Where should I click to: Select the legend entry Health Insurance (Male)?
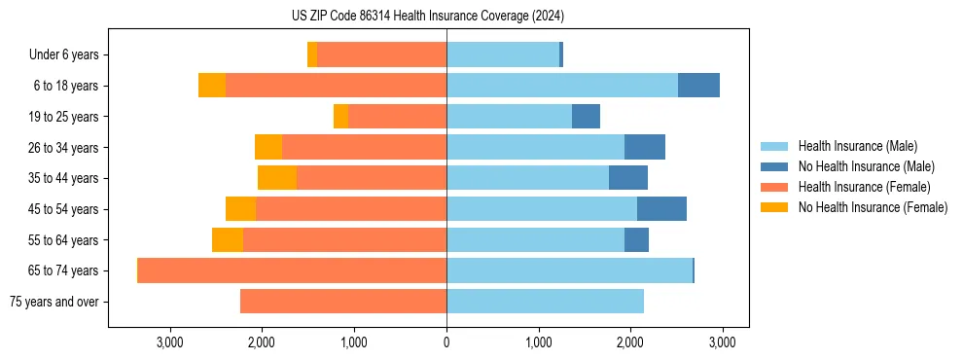tap(857, 146)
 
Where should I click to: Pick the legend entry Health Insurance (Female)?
tap(864, 187)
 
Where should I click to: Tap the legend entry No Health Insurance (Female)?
tap(873, 207)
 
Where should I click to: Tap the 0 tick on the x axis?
tap(446, 342)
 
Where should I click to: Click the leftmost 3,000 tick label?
tap(170, 342)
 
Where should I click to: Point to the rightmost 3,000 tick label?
tap(722, 342)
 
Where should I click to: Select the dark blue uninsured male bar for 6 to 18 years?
tap(698, 86)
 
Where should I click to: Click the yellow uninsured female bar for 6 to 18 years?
tap(212, 86)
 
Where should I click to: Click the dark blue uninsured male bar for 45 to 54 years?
tap(661, 209)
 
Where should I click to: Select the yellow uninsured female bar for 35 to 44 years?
tap(277, 178)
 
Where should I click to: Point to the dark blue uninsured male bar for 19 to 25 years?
tap(586, 117)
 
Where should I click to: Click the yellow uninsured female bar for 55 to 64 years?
tap(228, 240)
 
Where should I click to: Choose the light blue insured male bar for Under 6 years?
tap(503, 55)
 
